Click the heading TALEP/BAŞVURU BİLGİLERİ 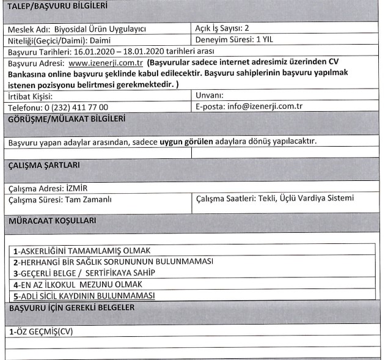coord(54,7)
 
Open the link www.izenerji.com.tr coord(109,62)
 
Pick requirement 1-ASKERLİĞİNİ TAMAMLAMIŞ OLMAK coord(82,251)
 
